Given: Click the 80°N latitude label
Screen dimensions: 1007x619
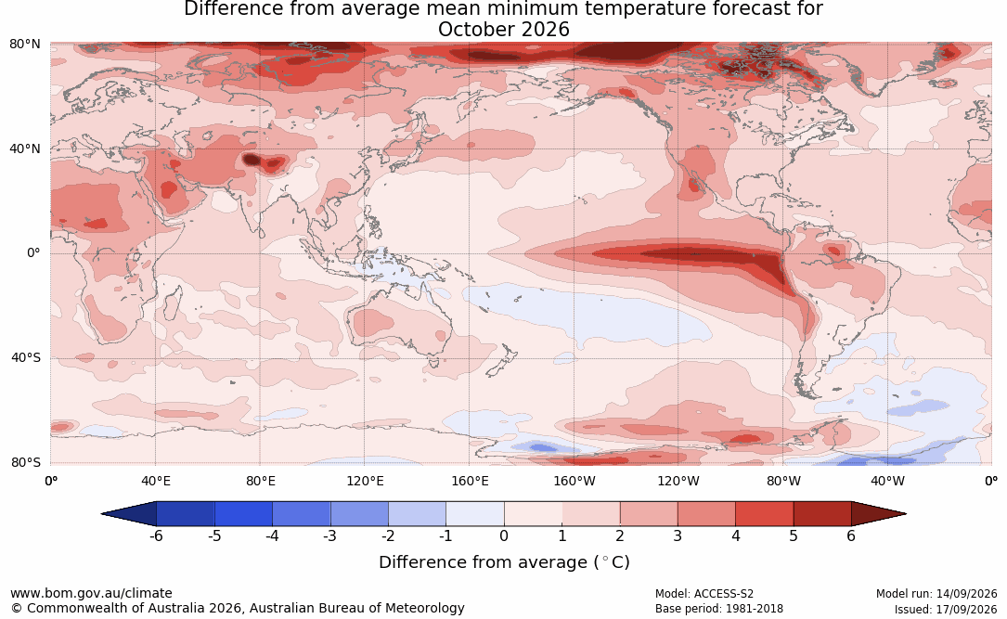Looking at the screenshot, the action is (x=24, y=45).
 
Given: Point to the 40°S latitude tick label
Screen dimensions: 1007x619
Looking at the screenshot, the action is (x=26, y=357).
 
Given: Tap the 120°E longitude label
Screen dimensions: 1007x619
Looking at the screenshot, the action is (x=365, y=481).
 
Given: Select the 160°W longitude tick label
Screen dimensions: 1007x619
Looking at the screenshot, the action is (x=575, y=481).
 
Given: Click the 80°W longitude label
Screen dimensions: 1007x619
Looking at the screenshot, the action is (x=783, y=481).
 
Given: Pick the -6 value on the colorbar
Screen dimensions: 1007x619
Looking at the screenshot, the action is (x=156, y=535).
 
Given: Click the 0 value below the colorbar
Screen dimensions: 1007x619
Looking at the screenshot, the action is (x=504, y=535).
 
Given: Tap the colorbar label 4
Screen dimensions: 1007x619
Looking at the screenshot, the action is (x=736, y=535).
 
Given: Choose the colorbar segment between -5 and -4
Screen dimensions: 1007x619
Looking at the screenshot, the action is (x=243, y=514).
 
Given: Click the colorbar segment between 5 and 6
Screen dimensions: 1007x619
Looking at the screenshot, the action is (x=822, y=514).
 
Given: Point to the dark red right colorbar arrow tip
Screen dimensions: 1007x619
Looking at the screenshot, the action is (x=906, y=514).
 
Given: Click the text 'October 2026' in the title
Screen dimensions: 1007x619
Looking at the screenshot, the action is (x=503, y=30).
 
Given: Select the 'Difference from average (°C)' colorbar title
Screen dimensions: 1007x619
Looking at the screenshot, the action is (x=504, y=562).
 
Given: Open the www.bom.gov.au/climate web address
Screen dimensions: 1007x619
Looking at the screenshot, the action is (x=91, y=593).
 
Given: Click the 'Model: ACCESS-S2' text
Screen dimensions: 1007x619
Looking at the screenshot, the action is (x=704, y=594).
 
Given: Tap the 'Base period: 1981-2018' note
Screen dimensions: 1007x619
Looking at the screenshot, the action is (x=719, y=609).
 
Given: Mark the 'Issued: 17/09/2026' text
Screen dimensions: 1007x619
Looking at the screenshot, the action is (x=946, y=609).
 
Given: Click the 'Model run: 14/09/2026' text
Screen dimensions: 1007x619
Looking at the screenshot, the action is (x=936, y=594).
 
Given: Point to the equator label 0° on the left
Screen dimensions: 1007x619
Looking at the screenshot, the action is (x=33, y=253).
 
